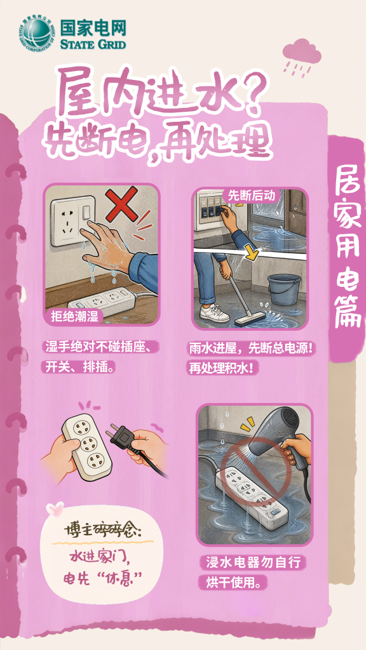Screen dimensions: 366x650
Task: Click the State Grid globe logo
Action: click(36, 34)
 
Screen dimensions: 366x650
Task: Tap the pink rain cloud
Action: click(302, 52)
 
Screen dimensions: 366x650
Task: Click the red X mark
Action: click(121, 204)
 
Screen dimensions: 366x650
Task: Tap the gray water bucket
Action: click(284, 289)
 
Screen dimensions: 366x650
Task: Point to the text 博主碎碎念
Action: click(102, 531)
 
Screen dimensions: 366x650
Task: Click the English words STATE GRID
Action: click(93, 44)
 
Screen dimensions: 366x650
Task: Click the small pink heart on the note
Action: click(55, 508)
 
